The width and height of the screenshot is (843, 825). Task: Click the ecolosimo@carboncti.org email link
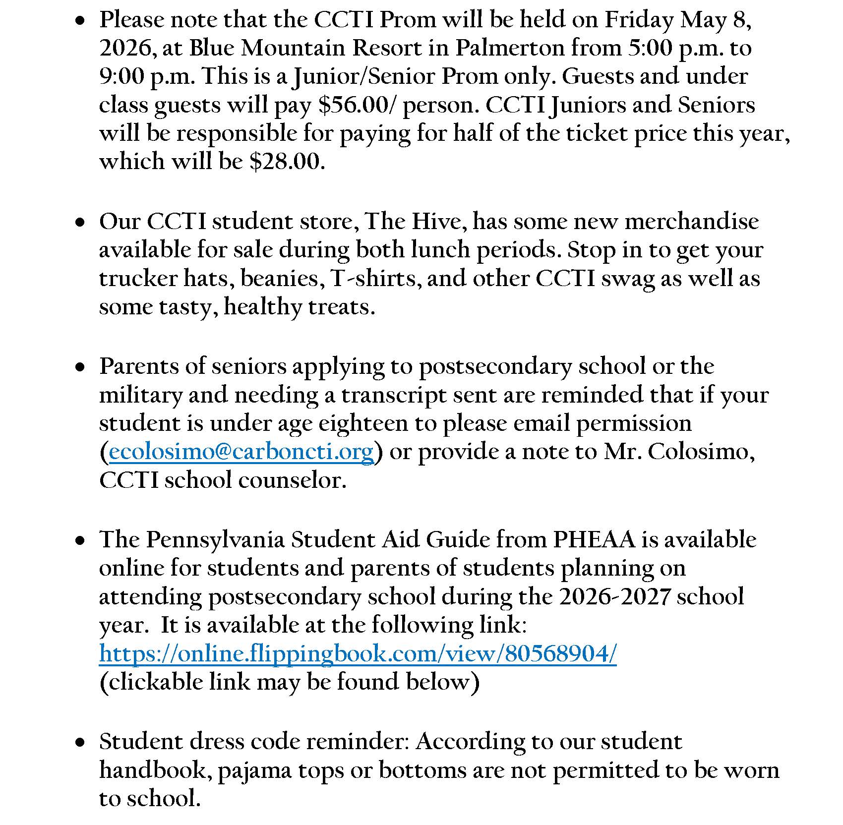click(241, 452)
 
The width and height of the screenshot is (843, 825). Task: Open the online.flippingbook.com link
click(358, 653)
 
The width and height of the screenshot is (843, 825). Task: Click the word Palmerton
click(510, 48)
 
